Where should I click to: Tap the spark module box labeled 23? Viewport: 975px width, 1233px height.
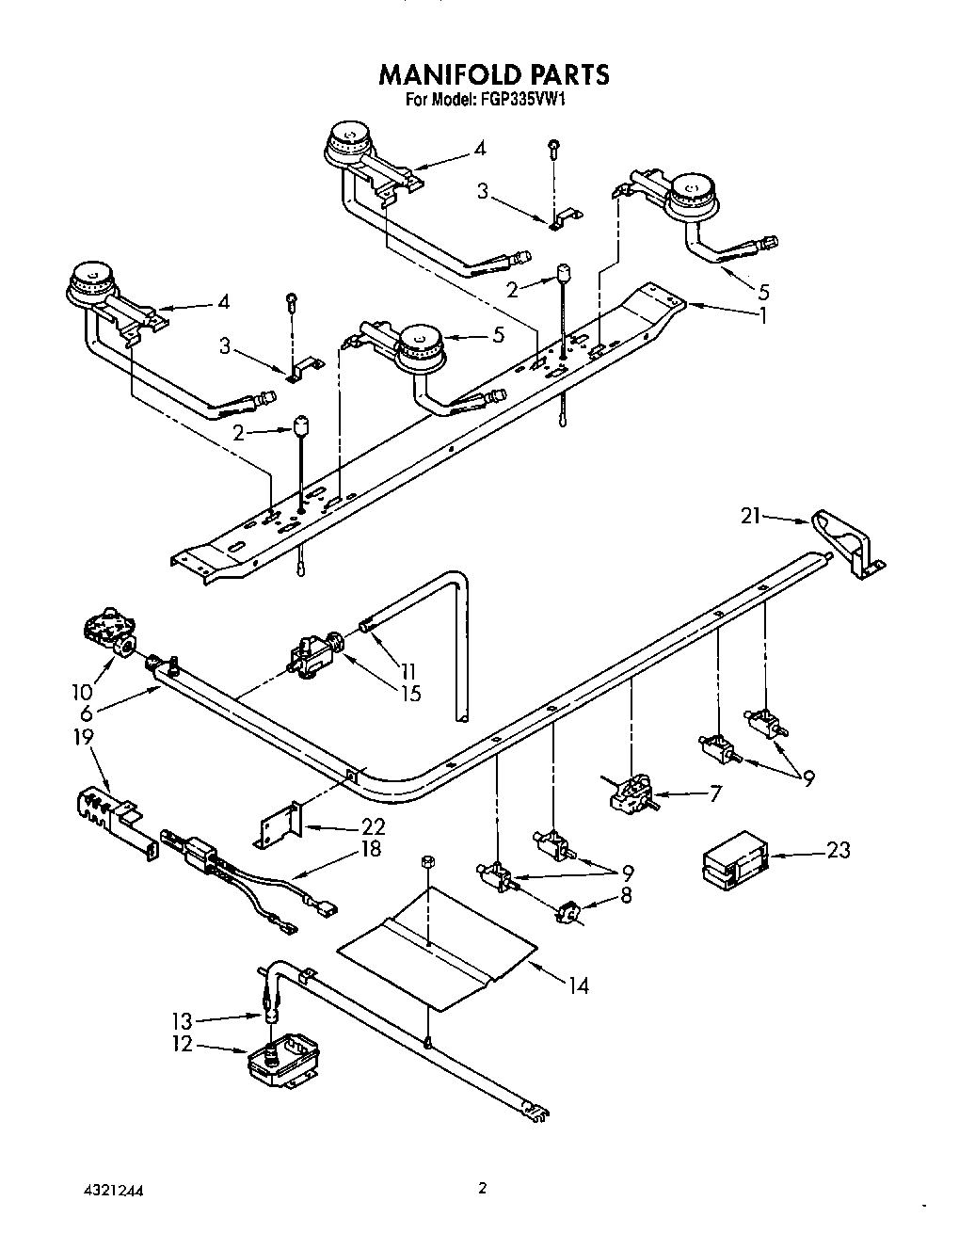point(734,858)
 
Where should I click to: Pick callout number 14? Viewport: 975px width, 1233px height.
point(578,985)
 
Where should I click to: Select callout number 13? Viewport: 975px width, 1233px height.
point(182,1021)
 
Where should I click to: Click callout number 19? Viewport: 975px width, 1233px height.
point(84,736)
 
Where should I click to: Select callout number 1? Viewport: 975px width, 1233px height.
point(762,316)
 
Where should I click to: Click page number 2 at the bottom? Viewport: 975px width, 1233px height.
point(482,1189)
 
